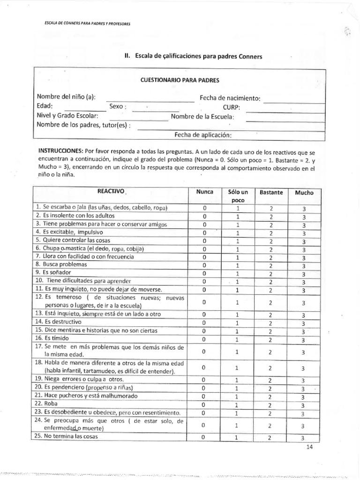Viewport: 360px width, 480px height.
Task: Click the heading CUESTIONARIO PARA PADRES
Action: point(180,80)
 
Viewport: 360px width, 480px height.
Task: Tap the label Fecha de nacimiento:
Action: point(230,98)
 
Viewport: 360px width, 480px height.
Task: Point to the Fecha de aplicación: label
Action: point(203,135)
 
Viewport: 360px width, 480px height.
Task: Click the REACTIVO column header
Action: point(111,192)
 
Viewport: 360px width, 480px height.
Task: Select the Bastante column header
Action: point(270,192)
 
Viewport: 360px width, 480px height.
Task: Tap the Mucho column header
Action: point(304,192)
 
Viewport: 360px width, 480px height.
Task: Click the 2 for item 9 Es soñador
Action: point(270,274)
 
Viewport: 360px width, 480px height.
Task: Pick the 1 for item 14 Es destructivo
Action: point(238,323)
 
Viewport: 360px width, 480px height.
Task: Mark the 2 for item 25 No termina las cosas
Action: point(270,438)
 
